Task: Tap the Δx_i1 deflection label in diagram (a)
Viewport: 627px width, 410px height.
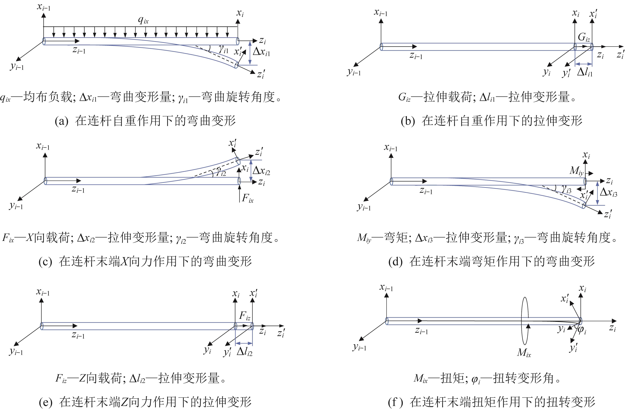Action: pos(261,52)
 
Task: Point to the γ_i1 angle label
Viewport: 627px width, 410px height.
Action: pos(224,49)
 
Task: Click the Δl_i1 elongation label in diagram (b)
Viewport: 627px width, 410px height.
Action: pos(585,72)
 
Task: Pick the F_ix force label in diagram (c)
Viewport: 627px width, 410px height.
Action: pos(248,198)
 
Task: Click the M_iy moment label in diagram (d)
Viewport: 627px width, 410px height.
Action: pos(576,171)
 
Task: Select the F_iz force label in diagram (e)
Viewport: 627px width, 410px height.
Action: pos(244,316)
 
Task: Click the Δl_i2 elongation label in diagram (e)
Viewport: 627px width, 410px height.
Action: pos(244,352)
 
